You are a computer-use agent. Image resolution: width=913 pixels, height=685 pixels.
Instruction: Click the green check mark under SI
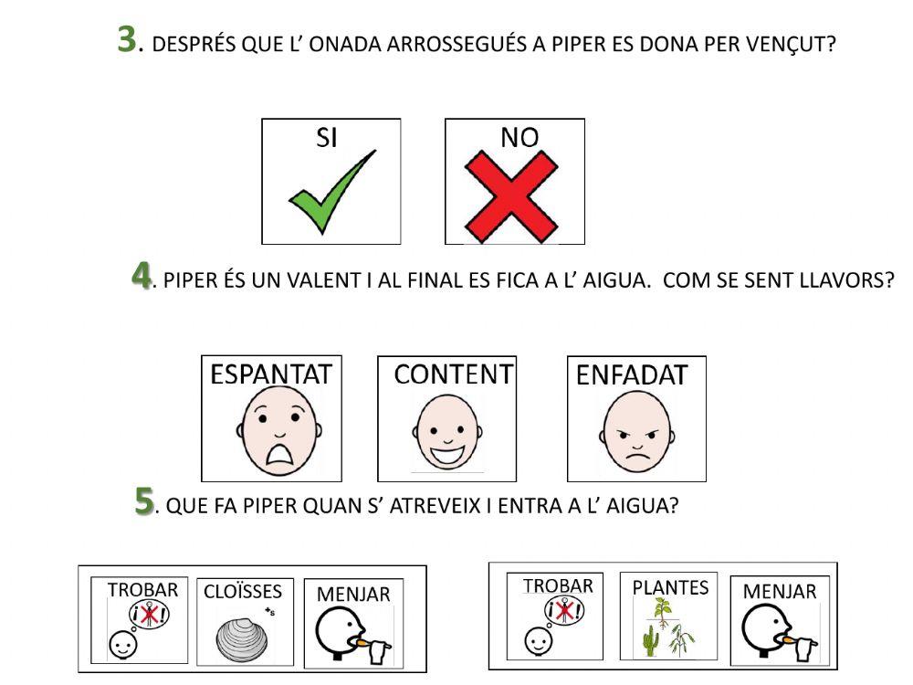point(330,194)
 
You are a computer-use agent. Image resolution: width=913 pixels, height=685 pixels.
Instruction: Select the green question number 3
point(128,40)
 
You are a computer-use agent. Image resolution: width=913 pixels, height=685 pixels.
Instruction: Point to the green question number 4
point(141,274)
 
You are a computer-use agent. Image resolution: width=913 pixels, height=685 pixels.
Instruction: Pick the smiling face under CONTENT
point(446,433)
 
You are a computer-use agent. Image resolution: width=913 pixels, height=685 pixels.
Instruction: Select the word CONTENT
point(453,374)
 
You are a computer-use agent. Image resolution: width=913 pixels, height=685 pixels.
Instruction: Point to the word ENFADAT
point(632,374)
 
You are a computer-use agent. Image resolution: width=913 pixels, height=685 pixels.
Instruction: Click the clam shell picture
point(244,637)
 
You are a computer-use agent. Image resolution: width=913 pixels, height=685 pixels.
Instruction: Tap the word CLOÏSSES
point(243,590)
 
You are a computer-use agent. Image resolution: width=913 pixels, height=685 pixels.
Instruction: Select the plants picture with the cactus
point(670,629)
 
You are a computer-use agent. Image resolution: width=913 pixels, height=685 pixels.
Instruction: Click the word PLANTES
point(670,587)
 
